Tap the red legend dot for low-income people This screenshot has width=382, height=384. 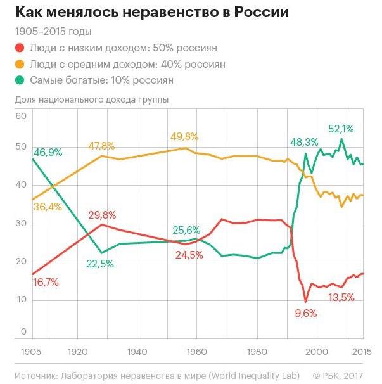coord(20,48)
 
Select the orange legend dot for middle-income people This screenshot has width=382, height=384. coord(20,65)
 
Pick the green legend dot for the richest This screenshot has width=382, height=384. coord(20,80)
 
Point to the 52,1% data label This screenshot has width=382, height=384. coord(341,129)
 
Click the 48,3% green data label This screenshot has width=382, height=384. coord(304,141)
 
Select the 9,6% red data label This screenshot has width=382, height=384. coord(305,312)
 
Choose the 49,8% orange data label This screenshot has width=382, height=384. coord(184,136)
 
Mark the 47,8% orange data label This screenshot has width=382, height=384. coord(101,146)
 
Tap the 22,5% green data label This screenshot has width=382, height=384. coord(99,264)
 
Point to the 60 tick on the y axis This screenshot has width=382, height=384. coord(20,117)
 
